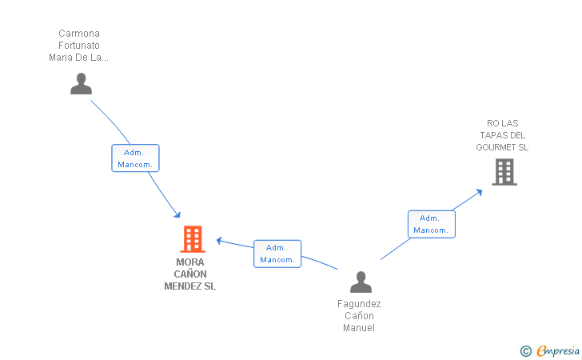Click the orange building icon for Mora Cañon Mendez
tap(193, 239)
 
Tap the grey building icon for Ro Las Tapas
tap(504, 172)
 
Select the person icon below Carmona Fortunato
tap(81, 83)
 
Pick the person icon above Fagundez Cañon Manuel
tap(361, 282)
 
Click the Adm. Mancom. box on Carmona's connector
tap(135, 158)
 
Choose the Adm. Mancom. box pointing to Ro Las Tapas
tap(432, 224)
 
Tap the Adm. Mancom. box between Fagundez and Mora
tap(277, 254)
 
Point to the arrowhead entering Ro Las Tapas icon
tap(479, 192)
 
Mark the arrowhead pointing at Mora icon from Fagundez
tap(219, 241)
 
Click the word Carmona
tap(79, 34)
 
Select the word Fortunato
tap(79, 46)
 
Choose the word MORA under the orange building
tap(190, 262)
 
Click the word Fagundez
tap(359, 304)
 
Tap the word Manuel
tap(359, 328)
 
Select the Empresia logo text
tap(558, 350)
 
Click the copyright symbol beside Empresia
tap(526, 351)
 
